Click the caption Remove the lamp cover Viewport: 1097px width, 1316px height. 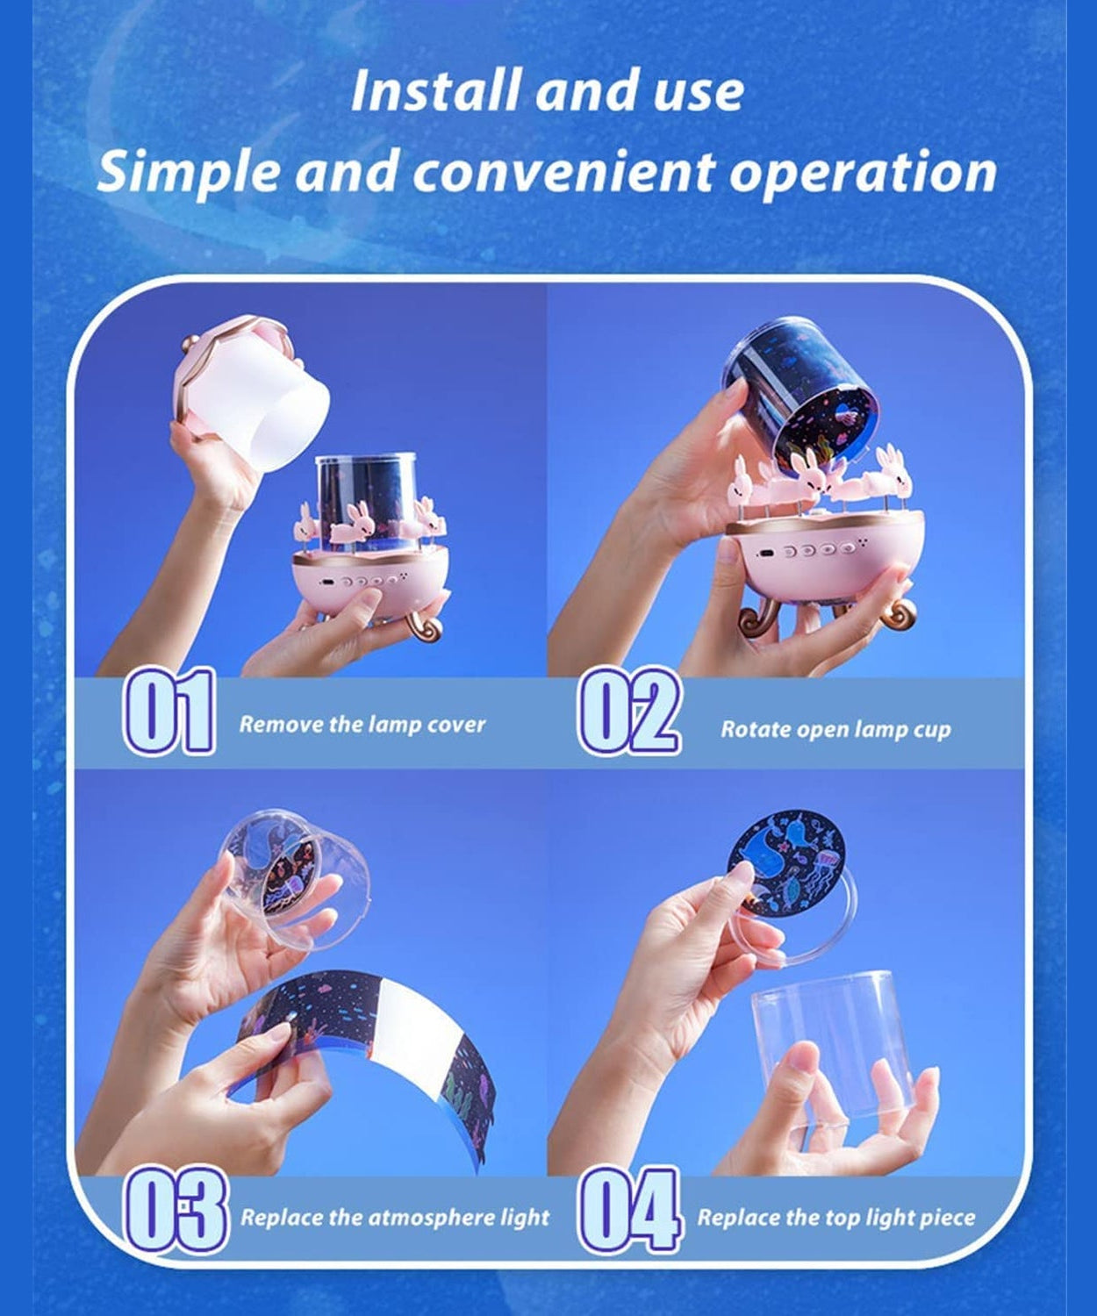[x=362, y=724]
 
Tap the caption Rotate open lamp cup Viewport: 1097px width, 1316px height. [x=835, y=729]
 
